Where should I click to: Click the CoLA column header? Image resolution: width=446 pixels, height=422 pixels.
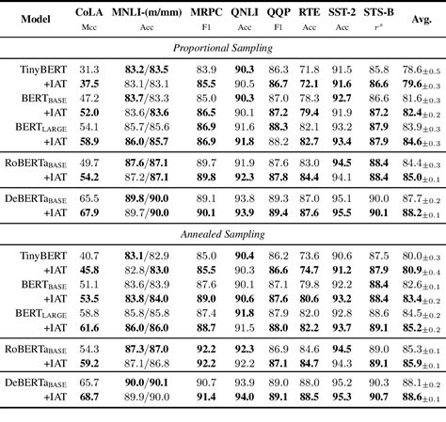(x=89, y=16)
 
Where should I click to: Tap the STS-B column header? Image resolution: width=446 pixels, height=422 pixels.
(x=379, y=16)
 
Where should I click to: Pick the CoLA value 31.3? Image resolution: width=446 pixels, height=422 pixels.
(x=89, y=70)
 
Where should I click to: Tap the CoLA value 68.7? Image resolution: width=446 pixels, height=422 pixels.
(x=89, y=399)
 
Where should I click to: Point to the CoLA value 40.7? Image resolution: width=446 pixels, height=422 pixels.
(x=89, y=257)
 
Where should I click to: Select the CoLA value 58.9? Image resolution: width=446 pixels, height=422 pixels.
(x=89, y=140)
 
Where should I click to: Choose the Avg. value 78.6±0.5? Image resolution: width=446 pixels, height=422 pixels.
(x=422, y=70)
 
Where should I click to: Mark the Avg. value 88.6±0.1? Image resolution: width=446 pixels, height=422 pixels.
(x=422, y=399)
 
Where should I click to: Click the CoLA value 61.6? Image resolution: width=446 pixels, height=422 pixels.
(x=89, y=327)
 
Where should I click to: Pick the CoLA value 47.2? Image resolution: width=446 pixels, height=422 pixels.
(x=89, y=98)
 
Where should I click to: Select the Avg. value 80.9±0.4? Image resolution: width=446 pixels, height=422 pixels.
(x=422, y=270)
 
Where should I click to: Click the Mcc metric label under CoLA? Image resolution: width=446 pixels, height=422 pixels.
(x=89, y=28)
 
